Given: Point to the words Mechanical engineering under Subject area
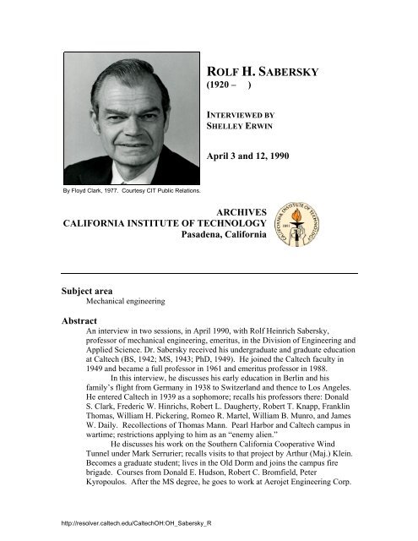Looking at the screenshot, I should click(x=124, y=300).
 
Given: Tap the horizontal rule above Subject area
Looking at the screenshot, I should click(x=208, y=272).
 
